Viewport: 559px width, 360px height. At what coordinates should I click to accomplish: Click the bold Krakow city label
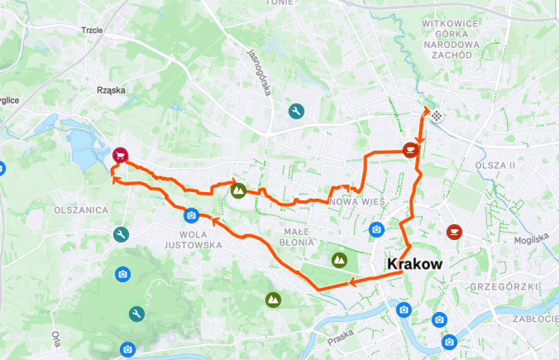[x=414, y=264]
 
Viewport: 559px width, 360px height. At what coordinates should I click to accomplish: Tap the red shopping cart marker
[x=120, y=155]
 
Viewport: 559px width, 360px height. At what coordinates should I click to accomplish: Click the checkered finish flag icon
[x=437, y=115]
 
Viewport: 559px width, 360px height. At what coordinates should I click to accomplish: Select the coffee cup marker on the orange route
[x=410, y=149]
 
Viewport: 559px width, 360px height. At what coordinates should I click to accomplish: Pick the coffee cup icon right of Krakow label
[x=455, y=231]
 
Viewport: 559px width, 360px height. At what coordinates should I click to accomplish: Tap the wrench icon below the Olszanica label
[x=122, y=235]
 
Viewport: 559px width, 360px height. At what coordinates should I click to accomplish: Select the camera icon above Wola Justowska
[x=191, y=215]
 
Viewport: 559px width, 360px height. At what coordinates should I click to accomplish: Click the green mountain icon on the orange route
[x=239, y=191]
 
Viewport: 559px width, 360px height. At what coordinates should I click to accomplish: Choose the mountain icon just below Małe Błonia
[x=339, y=260]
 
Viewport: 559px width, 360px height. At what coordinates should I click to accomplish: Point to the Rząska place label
[x=111, y=91]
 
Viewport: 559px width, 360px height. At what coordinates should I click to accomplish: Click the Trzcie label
[x=92, y=30]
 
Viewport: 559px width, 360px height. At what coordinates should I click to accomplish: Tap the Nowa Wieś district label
[x=357, y=201]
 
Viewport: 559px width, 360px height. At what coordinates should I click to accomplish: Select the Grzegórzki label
[x=504, y=287]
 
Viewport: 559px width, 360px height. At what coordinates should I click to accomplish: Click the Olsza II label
[x=495, y=165]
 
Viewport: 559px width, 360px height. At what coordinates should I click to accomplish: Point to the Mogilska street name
[x=531, y=239]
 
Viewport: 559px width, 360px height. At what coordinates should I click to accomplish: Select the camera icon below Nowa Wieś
[x=377, y=229]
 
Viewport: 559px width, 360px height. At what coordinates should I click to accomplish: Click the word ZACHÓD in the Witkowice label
[x=452, y=55]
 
